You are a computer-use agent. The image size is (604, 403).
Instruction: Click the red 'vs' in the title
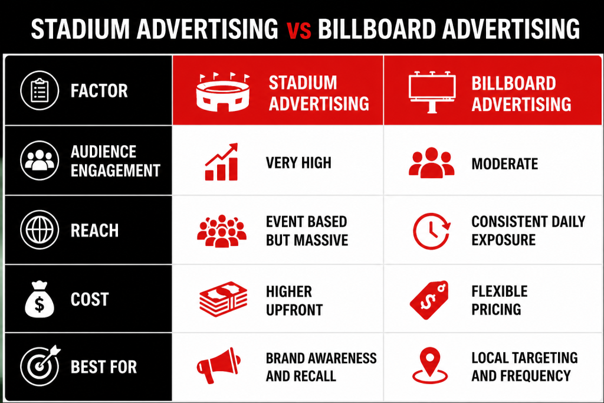(299, 31)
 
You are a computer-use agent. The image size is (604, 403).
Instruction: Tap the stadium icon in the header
(222, 92)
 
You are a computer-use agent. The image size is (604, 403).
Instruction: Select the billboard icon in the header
(432, 91)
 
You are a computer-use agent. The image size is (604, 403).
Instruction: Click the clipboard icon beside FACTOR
(40, 90)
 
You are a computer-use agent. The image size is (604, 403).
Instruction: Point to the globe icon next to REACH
(40, 230)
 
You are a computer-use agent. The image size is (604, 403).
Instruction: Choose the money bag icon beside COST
(40, 299)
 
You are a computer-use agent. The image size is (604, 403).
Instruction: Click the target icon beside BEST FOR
(40, 365)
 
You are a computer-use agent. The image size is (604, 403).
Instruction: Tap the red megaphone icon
(218, 365)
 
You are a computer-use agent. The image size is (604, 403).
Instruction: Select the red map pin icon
(430, 365)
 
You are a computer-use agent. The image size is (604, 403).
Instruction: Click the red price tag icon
(429, 300)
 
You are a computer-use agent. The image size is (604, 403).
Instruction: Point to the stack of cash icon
(223, 299)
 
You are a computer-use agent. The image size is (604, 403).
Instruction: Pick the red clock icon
(431, 231)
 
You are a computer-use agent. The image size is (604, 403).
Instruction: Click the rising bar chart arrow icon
(222, 162)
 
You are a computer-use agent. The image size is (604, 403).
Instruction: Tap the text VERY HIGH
(298, 163)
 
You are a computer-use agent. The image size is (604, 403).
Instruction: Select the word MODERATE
(505, 164)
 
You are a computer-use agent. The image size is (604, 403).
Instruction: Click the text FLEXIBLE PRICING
(500, 300)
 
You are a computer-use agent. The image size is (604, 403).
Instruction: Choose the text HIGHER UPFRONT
(294, 300)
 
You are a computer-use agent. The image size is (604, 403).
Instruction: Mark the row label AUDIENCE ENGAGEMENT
(115, 161)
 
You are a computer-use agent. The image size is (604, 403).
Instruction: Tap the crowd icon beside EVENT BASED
(222, 231)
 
